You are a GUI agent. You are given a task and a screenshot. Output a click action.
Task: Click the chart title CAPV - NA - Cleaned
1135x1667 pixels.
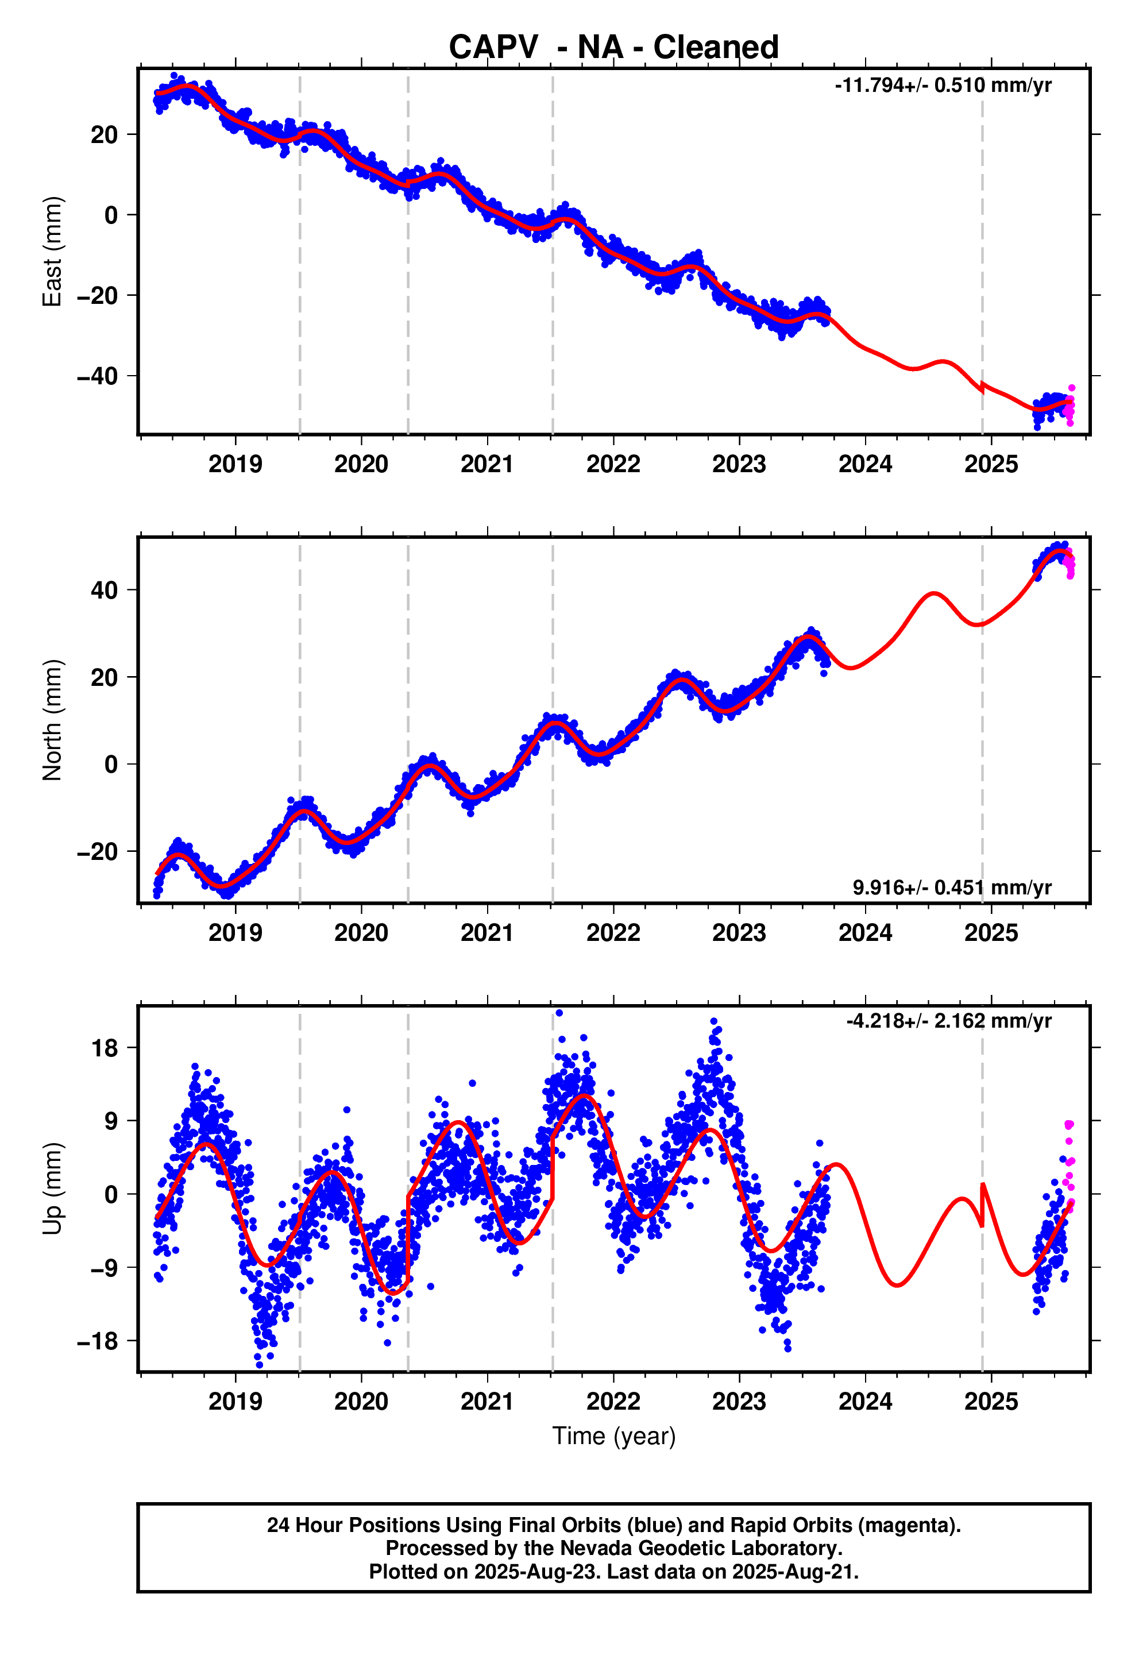(613, 47)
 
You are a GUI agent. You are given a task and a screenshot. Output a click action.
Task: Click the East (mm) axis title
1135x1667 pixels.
(52, 252)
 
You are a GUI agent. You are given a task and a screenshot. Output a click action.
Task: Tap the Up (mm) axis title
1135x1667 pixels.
(52, 1188)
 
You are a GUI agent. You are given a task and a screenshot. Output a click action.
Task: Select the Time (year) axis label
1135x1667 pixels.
(613, 1436)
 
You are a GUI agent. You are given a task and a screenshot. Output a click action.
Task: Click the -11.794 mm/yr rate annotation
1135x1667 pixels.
(943, 86)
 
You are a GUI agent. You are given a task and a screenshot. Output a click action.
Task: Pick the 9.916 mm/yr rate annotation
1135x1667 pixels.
(952, 887)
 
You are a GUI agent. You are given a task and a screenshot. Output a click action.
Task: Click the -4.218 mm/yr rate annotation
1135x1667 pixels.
(948, 1021)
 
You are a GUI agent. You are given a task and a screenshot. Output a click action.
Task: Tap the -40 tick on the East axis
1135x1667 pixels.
(97, 376)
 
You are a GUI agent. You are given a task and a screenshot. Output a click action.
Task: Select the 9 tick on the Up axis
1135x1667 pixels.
(111, 1122)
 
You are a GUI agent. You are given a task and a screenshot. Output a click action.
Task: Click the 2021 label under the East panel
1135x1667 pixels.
(487, 464)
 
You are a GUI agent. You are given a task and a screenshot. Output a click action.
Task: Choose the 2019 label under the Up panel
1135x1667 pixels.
(236, 1401)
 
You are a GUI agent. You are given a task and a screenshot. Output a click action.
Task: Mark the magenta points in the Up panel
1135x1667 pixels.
(1069, 1165)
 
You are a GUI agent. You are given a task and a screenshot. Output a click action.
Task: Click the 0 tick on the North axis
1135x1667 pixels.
(111, 765)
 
